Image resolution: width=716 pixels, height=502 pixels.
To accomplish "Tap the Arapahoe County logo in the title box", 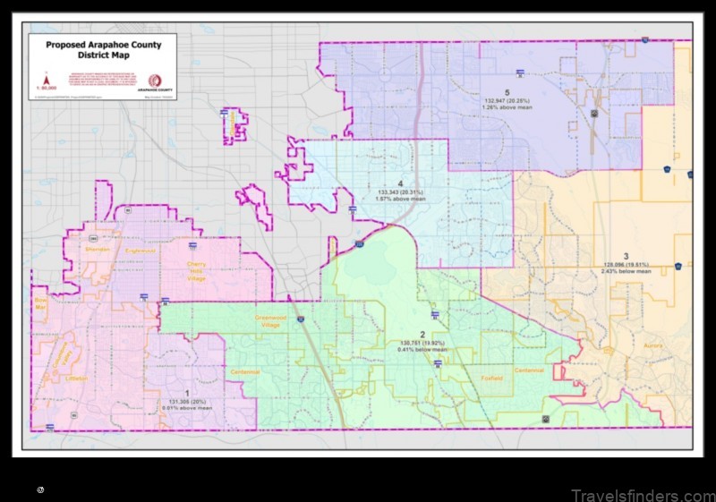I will pos(155,81).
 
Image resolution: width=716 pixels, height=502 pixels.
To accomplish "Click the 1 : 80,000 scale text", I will pos(46,88).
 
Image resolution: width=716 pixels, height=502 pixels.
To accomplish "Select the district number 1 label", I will pos(187,393).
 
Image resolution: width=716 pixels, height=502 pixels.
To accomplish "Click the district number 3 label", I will pos(626,256).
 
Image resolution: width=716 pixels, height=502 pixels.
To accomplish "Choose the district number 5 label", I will pos(507,92).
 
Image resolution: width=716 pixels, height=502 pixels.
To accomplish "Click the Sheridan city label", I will pos(98,249).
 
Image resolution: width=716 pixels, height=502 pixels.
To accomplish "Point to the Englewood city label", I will pos(141,251).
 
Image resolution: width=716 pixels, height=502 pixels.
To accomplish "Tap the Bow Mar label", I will pos(39,303).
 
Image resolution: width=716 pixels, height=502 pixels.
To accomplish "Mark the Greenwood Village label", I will pos(268,321).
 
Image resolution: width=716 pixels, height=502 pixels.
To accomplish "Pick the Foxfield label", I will pos(490,378).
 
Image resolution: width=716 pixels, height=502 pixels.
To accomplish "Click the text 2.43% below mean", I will pos(626,271).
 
